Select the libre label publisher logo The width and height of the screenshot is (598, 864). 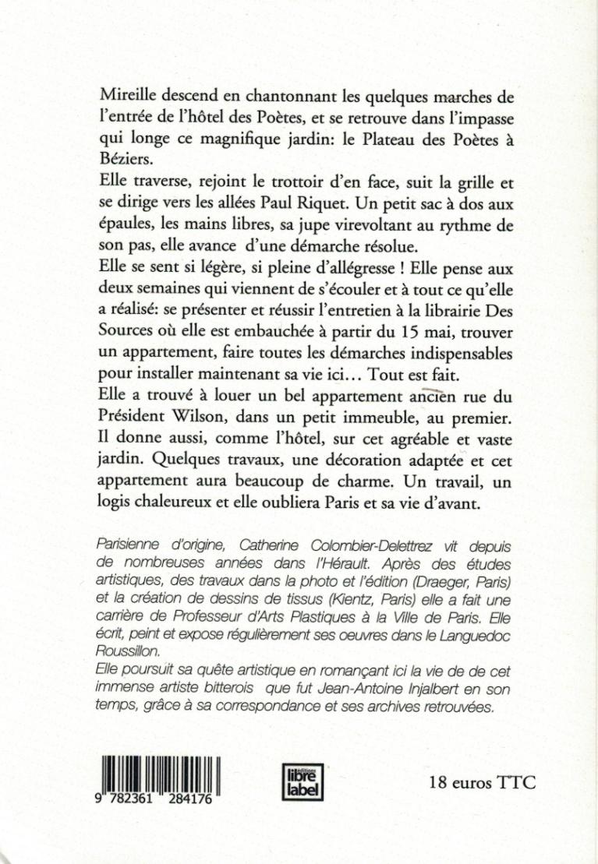(x=302, y=779)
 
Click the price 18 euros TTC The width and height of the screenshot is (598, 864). (x=482, y=782)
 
